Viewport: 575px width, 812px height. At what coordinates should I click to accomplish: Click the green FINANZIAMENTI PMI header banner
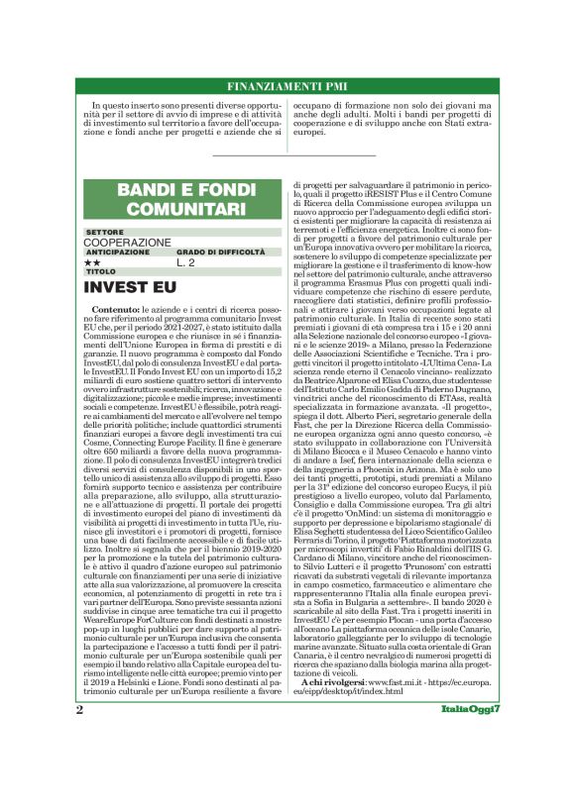(287, 86)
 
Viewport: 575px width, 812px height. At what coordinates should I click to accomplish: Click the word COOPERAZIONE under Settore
(127, 242)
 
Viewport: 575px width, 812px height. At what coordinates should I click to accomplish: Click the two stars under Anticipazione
(93, 263)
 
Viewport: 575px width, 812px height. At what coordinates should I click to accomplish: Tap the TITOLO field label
(100, 272)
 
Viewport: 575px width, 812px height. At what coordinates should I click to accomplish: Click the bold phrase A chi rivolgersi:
(341, 711)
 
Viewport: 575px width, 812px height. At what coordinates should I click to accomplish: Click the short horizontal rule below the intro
(287, 155)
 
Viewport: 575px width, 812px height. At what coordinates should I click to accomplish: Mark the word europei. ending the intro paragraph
(309, 131)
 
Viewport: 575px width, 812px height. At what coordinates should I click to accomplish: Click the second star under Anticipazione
(97, 263)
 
